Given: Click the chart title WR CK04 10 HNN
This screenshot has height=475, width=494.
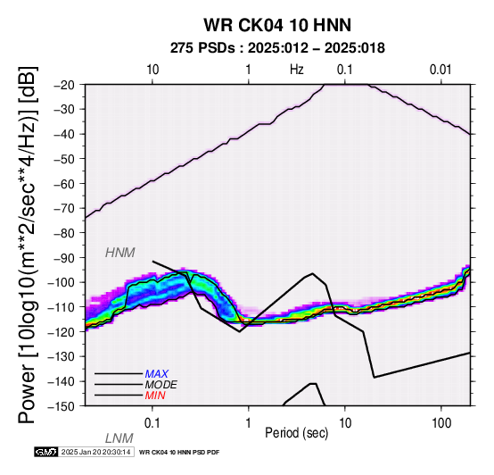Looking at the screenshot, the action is [x=277, y=25].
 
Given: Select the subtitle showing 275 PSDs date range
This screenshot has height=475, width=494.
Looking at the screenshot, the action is [x=277, y=48].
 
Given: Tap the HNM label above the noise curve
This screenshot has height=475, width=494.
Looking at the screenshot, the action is [x=120, y=253].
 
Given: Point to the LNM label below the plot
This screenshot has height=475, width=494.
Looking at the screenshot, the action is [x=119, y=438].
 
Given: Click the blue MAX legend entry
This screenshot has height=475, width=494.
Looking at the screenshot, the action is [x=157, y=374].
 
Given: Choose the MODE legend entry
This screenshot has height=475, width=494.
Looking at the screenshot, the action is [x=161, y=385].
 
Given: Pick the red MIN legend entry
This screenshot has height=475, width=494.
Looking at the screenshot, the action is [x=155, y=396].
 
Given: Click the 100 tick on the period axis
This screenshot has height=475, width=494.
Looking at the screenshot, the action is [x=441, y=423].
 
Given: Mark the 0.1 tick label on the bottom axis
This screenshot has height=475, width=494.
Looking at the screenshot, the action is [x=152, y=423].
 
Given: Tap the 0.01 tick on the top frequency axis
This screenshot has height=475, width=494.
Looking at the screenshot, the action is [x=440, y=70].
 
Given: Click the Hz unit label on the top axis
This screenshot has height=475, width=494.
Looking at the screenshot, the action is [x=296, y=70].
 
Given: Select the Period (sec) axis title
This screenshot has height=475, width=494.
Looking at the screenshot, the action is [x=296, y=433].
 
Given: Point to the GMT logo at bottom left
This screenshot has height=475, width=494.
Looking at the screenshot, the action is [x=46, y=452].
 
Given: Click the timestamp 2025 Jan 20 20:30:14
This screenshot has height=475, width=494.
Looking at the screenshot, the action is [x=95, y=452].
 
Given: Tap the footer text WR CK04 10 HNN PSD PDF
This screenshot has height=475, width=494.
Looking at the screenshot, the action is [x=179, y=453].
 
